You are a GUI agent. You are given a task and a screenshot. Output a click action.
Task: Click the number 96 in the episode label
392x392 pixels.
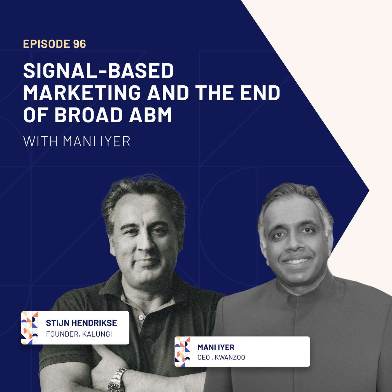(x=80, y=44)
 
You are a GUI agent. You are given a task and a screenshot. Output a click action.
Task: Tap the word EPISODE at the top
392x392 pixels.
(x=46, y=44)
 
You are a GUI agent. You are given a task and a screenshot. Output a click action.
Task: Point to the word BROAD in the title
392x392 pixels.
(x=88, y=115)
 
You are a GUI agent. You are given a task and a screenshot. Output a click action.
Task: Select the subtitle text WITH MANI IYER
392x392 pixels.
(x=77, y=141)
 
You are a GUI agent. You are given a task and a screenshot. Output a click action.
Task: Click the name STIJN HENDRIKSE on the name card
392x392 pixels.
(x=81, y=323)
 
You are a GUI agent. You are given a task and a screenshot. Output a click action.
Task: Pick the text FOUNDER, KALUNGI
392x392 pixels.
(x=79, y=334)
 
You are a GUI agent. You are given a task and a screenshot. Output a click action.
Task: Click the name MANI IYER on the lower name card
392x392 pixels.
(x=216, y=347)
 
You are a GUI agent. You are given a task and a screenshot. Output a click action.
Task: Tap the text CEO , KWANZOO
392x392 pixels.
(x=221, y=357)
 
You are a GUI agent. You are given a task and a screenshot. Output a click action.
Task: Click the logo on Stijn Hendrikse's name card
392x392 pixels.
(x=30, y=328)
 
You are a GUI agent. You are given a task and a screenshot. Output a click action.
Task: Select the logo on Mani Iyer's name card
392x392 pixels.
(x=183, y=352)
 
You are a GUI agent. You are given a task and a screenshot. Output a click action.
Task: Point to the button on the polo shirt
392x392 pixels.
(x=141, y=318)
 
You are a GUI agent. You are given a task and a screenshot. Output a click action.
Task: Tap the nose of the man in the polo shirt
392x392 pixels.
(x=143, y=245)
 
